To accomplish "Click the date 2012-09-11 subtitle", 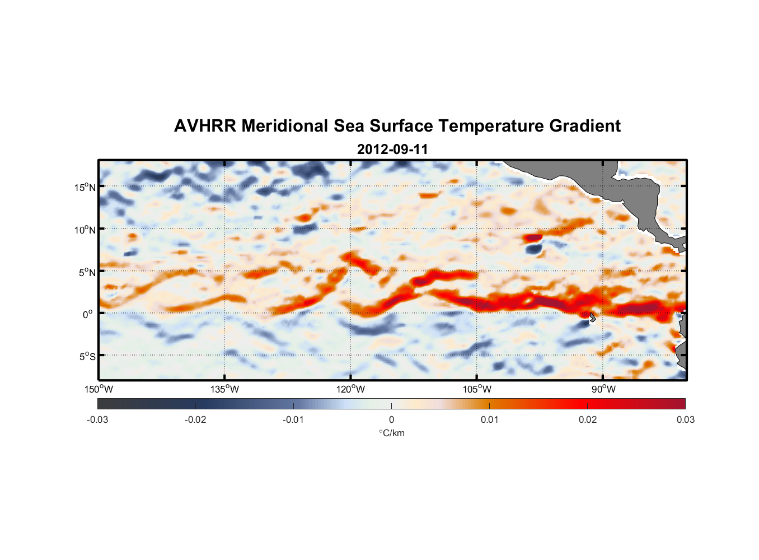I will click(392, 150).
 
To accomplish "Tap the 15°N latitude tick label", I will click(85, 187).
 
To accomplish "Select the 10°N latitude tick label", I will click(85, 230).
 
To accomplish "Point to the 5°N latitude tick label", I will click(87, 272).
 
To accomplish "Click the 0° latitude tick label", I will click(88, 314).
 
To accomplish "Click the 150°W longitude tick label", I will click(99, 389).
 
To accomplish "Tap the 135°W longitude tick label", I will click(225, 389).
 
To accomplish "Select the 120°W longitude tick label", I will click(351, 389).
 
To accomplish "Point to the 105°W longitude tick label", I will click(477, 389).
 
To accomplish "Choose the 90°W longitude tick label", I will click(603, 389).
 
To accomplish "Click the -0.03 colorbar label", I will click(97, 419).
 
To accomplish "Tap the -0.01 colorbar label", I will click(293, 419).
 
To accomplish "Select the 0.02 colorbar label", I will click(588, 419).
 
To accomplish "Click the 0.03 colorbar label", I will click(685, 419).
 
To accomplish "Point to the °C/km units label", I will click(392, 433).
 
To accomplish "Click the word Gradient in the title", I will click(585, 126).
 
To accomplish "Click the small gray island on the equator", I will click(592, 317).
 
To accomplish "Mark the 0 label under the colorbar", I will click(391, 419).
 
